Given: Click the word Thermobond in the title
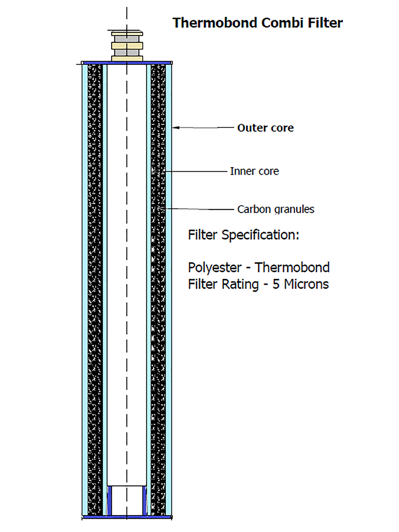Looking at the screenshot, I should click(215, 23).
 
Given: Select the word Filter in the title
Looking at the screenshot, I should click(325, 23).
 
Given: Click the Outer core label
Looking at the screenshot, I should click(265, 128).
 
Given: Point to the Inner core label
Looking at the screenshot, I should click(254, 171).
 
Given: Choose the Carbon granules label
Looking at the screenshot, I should click(276, 209).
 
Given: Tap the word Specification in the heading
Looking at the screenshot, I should click(260, 235).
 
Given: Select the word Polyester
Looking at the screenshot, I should click(214, 267).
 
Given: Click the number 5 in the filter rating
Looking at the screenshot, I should click(276, 284).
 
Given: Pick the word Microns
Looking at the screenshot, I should click(306, 284).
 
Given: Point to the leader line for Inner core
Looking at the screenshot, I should click(196, 172).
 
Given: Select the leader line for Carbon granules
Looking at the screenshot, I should click(199, 209).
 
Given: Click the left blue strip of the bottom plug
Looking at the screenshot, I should click(109, 501).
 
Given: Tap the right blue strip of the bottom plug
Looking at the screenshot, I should click(145, 501).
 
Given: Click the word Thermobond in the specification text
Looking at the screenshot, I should click(292, 267).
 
